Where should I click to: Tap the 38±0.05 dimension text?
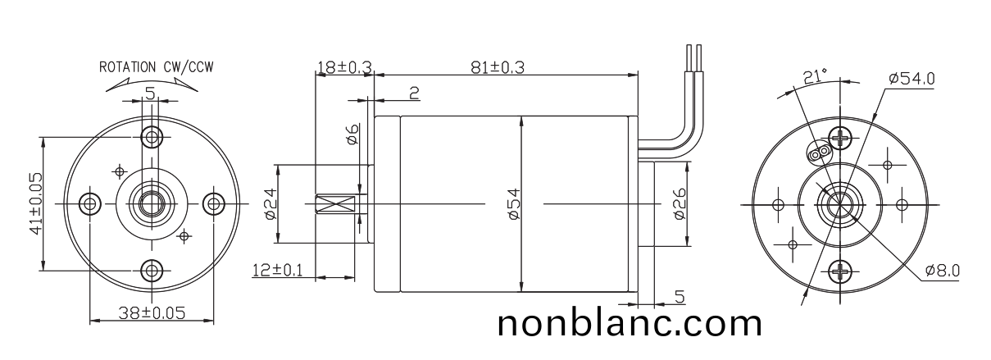151,312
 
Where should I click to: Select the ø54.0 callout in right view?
911,78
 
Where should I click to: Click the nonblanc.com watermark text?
630,323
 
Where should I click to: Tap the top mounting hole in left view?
151,135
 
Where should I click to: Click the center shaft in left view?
151,203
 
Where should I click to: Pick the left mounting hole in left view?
89,203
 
